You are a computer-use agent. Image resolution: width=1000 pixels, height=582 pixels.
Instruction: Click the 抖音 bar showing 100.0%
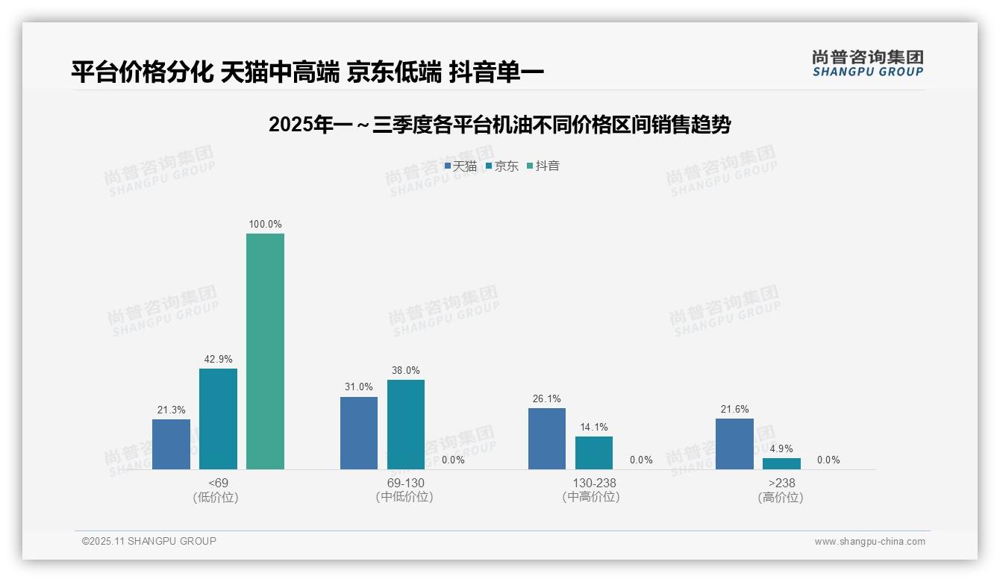click(x=265, y=351)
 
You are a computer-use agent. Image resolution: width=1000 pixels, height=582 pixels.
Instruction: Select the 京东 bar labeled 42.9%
click(x=218, y=419)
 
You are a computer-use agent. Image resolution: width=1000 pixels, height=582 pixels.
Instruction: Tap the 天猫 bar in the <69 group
click(x=171, y=444)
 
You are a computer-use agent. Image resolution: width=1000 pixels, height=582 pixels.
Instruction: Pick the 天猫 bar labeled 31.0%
click(x=359, y=433)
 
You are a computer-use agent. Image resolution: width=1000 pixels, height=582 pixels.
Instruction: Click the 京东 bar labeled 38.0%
click(x=406, y=425)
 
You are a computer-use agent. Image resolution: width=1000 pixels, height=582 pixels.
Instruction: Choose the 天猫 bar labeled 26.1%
click(x=547, y=439)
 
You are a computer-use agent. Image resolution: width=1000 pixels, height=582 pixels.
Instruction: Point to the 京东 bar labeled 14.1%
click(x=594, y=452)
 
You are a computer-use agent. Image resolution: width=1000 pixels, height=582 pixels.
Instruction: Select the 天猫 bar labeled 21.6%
click(x=734, y=444)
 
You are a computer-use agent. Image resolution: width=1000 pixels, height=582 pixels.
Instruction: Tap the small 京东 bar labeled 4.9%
click(x=781, y=463)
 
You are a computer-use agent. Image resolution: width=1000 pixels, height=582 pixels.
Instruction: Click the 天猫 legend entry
click(x=460, y=166)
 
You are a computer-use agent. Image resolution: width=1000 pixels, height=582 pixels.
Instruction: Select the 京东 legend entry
click(x=501, y=166)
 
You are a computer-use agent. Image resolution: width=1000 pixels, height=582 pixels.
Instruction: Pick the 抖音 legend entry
click(x=543, y=166)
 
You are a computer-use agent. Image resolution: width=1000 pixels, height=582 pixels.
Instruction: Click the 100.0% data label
click(x=265, y=224)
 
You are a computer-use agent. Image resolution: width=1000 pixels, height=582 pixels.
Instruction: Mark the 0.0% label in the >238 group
click(x=828, y=460)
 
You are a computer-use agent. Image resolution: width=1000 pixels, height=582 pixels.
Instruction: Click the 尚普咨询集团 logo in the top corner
click(x=867, y=63)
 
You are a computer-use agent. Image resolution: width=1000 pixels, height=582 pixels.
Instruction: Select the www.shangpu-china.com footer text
click(x=869, y=542)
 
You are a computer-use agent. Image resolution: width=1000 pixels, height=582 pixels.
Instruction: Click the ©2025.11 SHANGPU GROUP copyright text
click(x=149, y=541)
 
